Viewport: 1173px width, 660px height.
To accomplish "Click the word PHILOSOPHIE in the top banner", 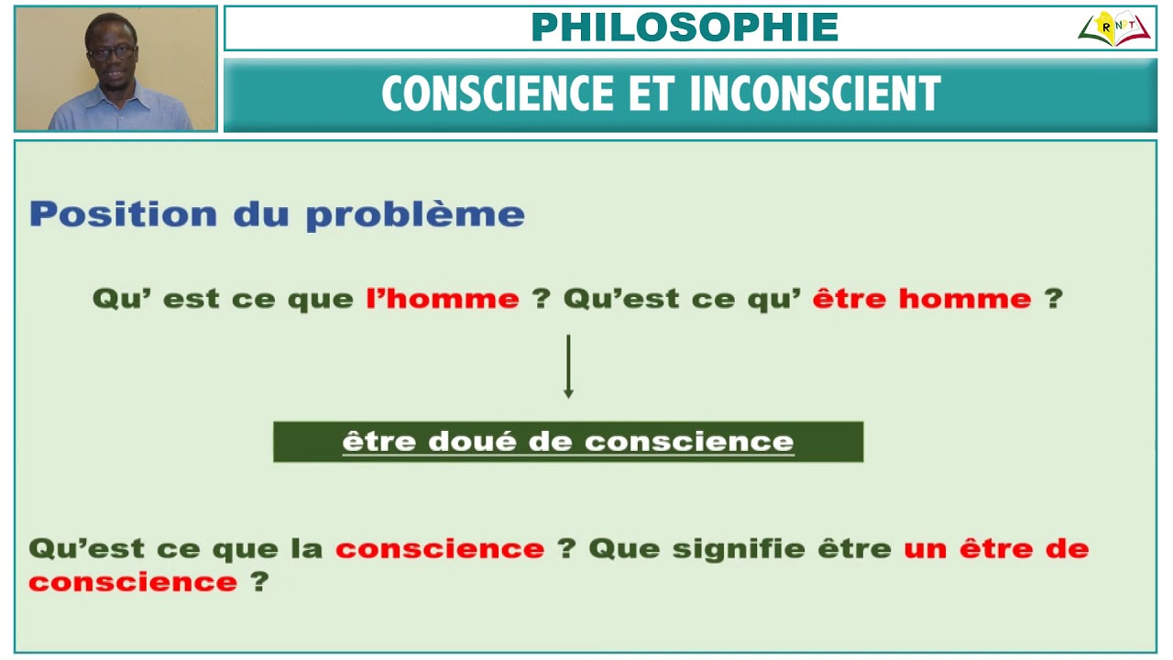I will pos(685,27).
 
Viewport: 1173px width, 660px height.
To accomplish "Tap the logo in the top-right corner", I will pos(1113,28).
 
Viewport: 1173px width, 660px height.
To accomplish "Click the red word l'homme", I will pos(443,299).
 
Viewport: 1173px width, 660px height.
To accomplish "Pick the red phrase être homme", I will pos(922,299).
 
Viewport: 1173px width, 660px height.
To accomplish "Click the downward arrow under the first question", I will pos(568,367).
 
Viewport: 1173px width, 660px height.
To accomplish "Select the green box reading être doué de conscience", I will pos(568,442).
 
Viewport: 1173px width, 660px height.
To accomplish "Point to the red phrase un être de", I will pos(996,549).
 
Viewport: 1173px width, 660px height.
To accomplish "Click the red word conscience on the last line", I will pos(133,582).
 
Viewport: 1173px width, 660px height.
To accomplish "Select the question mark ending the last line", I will pos(259,582).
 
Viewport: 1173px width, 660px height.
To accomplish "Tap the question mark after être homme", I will pos(1054,299).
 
